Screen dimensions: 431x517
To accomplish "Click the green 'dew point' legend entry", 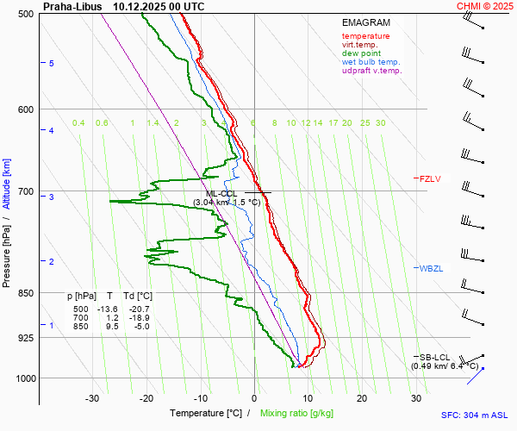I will pos(361,53).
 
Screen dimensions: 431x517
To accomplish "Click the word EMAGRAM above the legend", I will pos(365,22).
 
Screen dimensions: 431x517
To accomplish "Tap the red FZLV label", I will pos(430,179).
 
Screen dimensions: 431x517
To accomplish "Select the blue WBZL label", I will pos(431,269).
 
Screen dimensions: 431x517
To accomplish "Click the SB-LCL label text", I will pos(435,357).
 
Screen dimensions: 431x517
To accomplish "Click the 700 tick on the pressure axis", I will pos(25,191).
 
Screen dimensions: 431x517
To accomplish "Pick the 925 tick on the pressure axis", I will pos(25,338).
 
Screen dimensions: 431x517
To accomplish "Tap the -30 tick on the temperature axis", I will pos(92,398).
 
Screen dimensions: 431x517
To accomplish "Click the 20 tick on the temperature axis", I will pos(362,398).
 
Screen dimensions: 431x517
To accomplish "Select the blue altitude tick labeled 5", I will pos(52,64).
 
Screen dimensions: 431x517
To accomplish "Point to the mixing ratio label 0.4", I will pos(78,123).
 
